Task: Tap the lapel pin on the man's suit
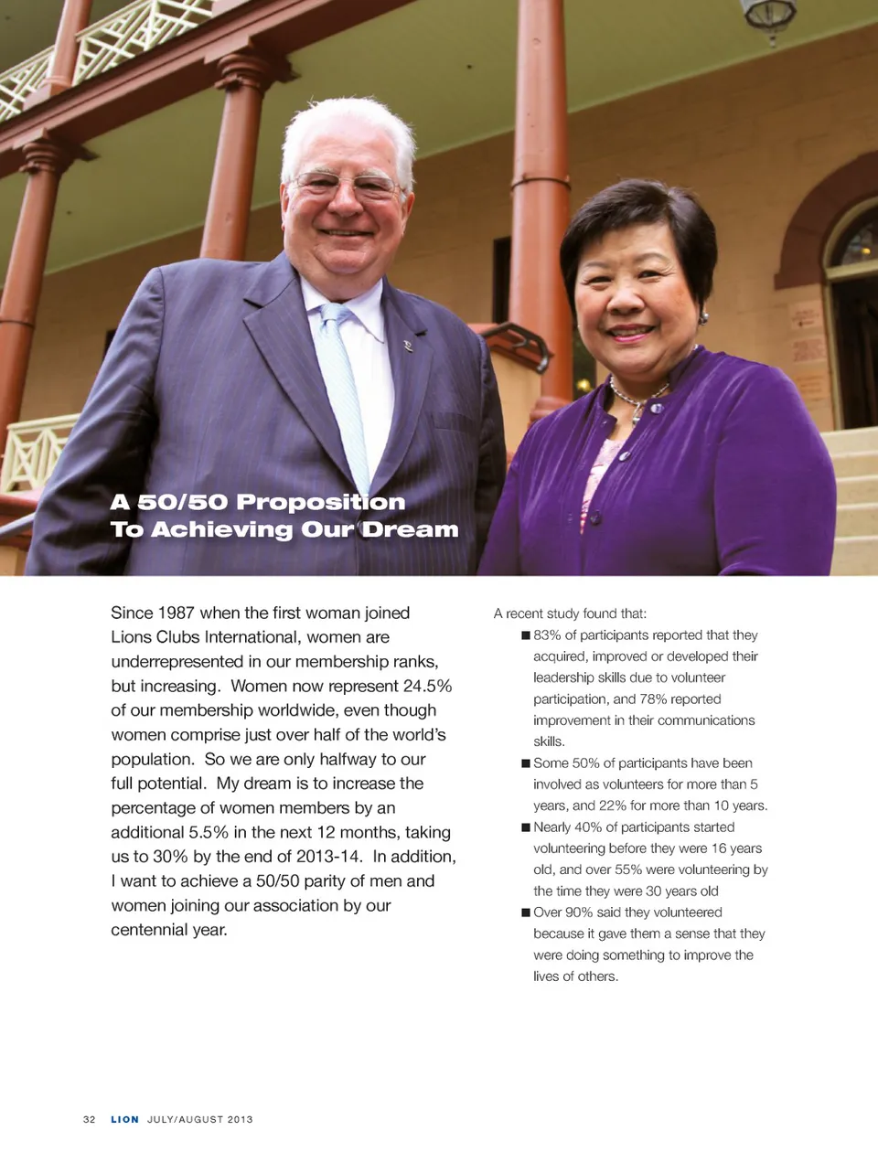[408, 346]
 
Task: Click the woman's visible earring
[703, 318]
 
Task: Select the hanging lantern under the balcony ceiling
[769, 17]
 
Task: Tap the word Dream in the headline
[410, 529]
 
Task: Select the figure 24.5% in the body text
[427, 686]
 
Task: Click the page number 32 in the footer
[89, 1119]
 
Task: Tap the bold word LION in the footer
[124, 1119]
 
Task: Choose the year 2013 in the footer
[240, 1119]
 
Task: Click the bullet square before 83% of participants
[526, 635]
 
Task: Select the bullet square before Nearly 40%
[526, 827]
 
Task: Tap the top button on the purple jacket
[596, 518]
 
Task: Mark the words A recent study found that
[570, 613]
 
